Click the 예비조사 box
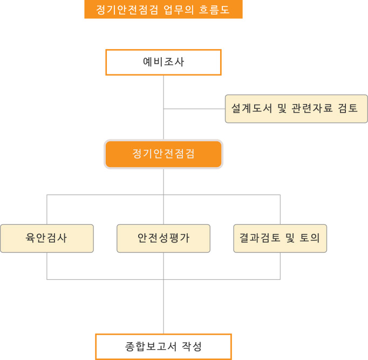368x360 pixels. click(163, 62)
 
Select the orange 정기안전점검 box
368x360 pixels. click(163, 154)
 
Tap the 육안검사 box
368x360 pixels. click(46, 238)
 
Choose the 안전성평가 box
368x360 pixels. click(163, 238)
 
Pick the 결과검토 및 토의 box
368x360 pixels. click(280, 238)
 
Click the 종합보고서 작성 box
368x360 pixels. click(163, 346)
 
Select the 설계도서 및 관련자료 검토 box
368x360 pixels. click(296, 108)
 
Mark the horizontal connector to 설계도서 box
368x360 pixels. click(194, 109)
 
